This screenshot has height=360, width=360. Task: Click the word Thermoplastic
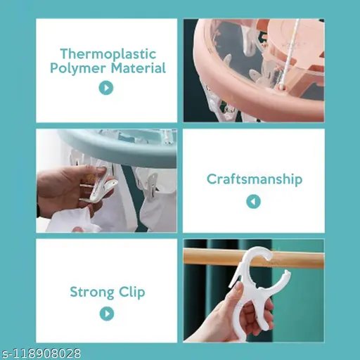108,54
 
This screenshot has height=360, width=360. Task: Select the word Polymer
78,69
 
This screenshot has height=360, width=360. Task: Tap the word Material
139,68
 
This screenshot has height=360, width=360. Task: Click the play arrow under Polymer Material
106,88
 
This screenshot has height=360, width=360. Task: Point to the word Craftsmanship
255,180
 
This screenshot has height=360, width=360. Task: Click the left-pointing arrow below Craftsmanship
253,201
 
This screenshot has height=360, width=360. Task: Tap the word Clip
132,292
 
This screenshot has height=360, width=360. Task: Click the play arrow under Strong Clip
107,314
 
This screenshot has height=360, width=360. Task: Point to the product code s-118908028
41,354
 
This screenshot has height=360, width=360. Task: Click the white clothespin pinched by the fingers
100,185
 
